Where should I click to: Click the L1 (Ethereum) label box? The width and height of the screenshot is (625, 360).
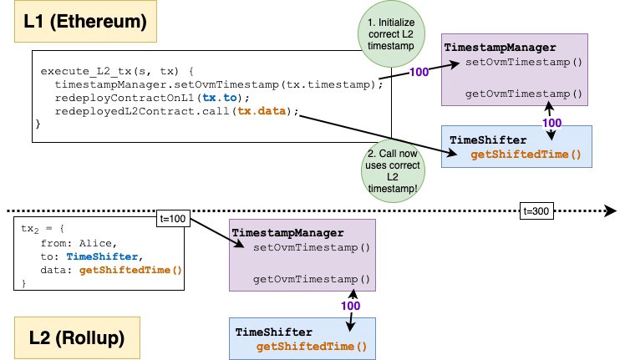85,21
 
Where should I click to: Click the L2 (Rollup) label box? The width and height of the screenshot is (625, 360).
77,337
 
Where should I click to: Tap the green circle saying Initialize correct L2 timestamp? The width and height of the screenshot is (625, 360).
391,34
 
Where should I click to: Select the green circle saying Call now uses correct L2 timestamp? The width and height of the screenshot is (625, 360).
393,170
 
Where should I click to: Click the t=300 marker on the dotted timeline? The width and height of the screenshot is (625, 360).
536,210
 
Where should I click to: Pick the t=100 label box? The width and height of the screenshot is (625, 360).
173,219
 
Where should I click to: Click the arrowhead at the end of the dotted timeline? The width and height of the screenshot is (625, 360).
611,210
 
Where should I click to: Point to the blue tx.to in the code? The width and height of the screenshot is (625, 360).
220,98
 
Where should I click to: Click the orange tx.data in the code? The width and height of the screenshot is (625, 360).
262,111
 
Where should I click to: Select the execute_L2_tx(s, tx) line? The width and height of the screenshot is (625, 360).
117,71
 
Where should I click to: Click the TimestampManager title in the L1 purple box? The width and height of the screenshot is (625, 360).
500,48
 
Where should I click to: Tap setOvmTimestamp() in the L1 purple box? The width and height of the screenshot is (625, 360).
524,62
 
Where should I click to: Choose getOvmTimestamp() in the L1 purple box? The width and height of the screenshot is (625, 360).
524,94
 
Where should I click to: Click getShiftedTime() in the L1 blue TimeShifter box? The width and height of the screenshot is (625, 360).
526,155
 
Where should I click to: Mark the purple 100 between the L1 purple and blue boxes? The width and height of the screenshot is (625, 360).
552,123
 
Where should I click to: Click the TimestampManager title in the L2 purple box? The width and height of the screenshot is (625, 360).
287,233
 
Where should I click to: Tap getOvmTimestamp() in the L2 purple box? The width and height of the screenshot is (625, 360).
312,280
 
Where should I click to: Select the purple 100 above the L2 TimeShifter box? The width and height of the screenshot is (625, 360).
351,306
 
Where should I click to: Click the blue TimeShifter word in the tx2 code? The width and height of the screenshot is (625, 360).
102,256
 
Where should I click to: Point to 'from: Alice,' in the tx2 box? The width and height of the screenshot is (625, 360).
79,243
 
